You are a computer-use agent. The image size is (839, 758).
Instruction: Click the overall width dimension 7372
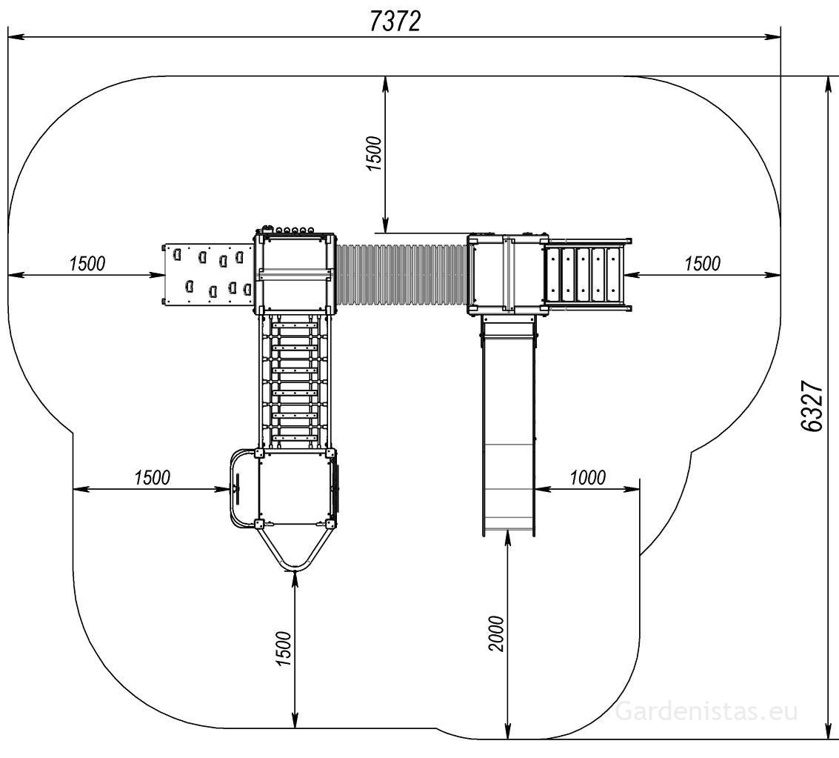coord(395,22)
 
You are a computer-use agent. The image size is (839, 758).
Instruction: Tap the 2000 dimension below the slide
coord(497,634)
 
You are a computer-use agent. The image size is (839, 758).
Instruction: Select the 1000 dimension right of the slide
coord(587,477)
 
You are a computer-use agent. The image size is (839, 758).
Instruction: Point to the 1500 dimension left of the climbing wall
coord(87,263)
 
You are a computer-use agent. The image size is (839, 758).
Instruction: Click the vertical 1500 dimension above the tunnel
coord(375,153)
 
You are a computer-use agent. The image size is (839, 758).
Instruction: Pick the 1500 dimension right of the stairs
coord(703,263)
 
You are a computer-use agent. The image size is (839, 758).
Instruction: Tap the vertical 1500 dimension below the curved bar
coord(284,649)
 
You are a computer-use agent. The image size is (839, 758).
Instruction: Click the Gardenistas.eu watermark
coord(707,711)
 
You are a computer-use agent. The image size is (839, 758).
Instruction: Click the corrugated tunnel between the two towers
coord(401,275)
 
